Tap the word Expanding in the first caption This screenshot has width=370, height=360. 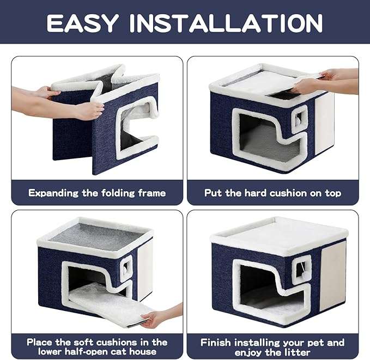[55, 193]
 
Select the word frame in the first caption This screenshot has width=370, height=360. [151, 193]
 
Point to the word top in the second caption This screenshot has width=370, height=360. [331, 193]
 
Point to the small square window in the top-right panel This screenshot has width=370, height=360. [300, 116]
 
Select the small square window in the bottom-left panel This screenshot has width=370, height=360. [126, 267]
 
